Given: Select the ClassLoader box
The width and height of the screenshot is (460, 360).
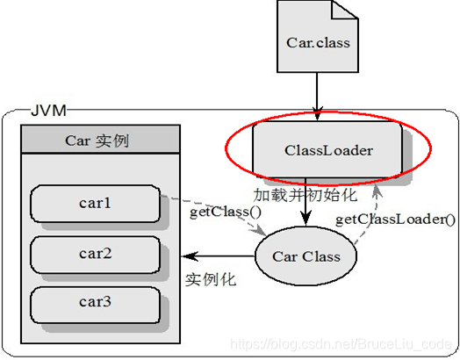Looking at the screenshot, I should pyautogui.click(x=328, y=150).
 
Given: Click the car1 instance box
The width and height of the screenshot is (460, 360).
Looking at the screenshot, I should pyautogui.click(x=95, y=204).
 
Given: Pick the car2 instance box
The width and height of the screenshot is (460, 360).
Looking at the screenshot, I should pyautogui.click(x=95, y=254).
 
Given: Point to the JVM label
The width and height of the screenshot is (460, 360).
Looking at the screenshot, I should pyautogui.click(x=52, y=112).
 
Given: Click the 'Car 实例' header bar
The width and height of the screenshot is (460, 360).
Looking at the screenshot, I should pyautogui.click(x=95, y=140).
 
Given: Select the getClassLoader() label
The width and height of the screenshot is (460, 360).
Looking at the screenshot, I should pyautogui.click(x=396, y=219).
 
